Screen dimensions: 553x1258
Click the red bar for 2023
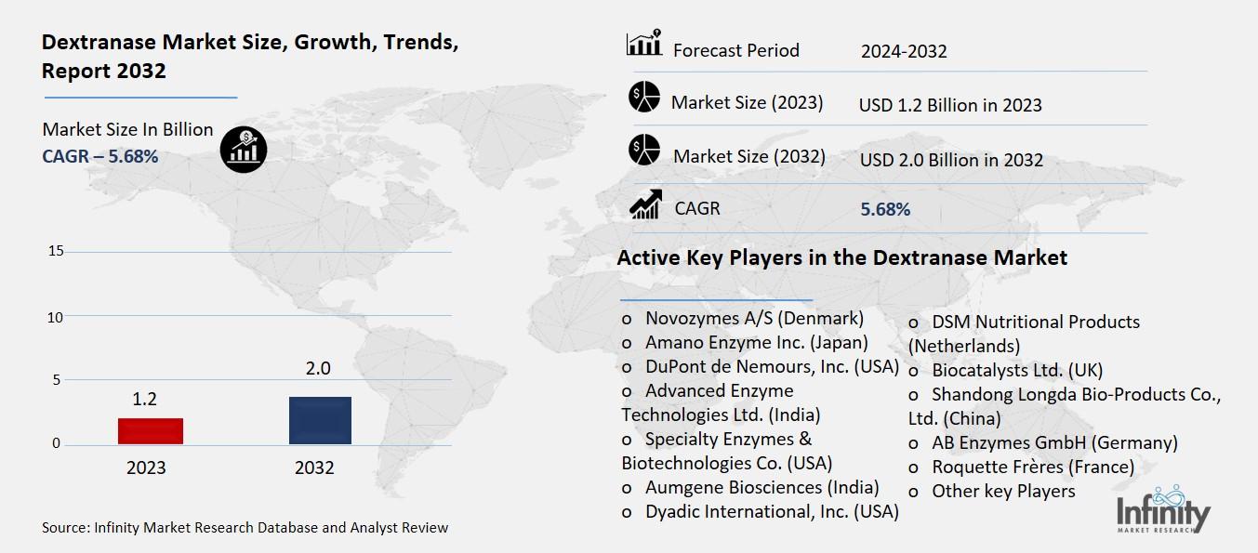(150, 431)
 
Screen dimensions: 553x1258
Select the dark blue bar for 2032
(320, 420)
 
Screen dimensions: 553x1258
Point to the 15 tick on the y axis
(57, 251)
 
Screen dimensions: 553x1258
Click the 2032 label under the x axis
(314, 467)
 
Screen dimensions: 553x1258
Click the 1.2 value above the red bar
(145, 400)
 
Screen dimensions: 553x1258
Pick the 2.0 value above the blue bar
(318, 369)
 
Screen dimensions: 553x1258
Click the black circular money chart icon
(244, 149)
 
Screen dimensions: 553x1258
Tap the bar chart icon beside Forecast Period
(643, 43)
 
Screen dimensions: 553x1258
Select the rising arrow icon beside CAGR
(645, 204)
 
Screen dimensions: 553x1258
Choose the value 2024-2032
(904, 52)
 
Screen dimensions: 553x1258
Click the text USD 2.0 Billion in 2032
(951, 160)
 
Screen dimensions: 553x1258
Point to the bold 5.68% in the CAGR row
(885, 210)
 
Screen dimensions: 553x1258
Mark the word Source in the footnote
(64, 528)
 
